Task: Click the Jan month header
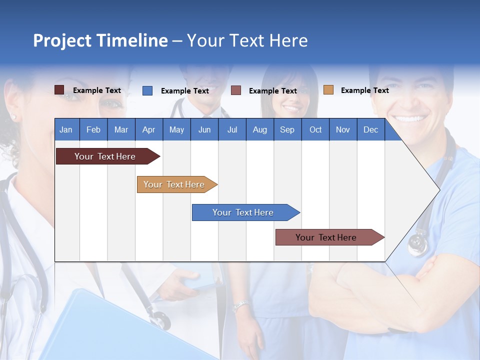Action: [66, 129]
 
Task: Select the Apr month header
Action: [149, 129]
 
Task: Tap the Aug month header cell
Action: [259, 129]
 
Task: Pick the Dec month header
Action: [370, 129]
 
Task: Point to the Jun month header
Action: [204, 129]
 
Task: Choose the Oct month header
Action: [315, 129]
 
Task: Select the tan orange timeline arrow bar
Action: [175, 184]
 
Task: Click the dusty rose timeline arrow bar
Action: [327, 237]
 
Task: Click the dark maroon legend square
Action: [59, 90]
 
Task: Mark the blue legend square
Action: [147, 90]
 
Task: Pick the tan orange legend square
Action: [328, 90]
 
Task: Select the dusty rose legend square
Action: [236, 90]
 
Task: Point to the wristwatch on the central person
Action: [241, 305]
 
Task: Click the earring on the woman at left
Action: [13, 117]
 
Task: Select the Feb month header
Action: [93, 129]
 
